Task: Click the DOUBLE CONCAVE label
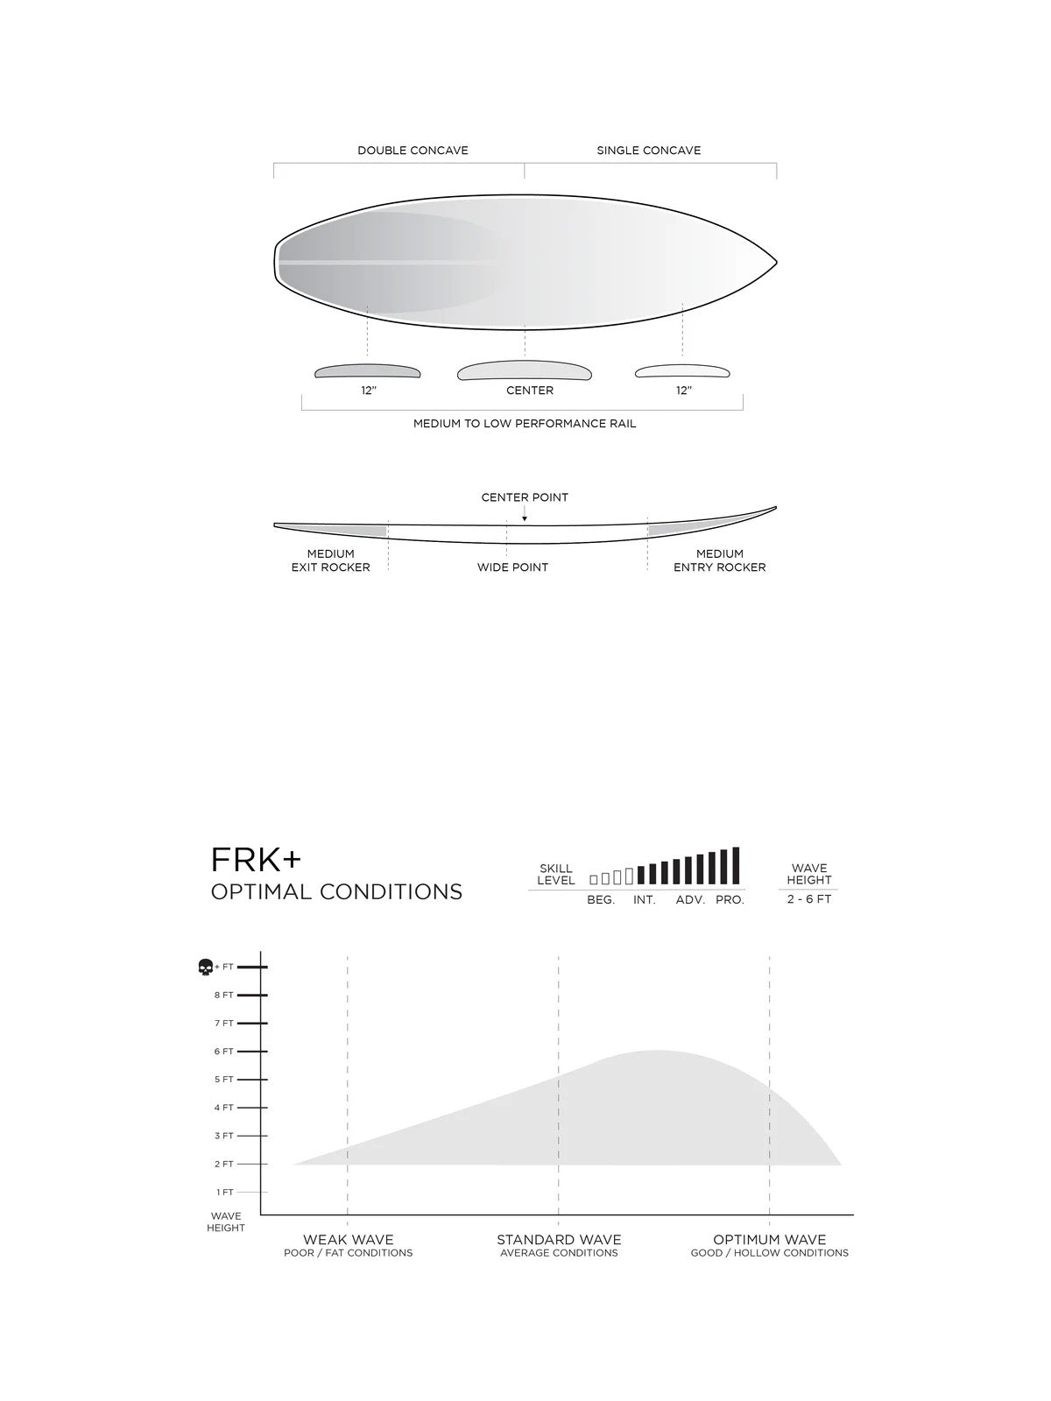point(413,151)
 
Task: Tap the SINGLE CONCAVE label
point(648,151)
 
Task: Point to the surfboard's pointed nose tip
point(775,262)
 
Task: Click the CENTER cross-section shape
point(524,371)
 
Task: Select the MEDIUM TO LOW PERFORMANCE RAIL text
point(525,424)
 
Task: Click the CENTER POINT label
point(525,497)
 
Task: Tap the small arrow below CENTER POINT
point(525,517)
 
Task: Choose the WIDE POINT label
point(512,567)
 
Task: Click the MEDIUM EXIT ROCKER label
point(331,560)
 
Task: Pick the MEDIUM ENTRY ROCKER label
point(719,560)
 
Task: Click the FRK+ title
point(255,861)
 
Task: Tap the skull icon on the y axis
point(206,968)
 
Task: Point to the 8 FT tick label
point(224,996)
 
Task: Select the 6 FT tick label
point(224,1052)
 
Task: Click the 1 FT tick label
point(224,1193)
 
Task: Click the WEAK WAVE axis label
point(348,1240)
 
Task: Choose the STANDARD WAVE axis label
point(559,1240)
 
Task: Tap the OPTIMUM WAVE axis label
point(769,1240)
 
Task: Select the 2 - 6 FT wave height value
point(808,899)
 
